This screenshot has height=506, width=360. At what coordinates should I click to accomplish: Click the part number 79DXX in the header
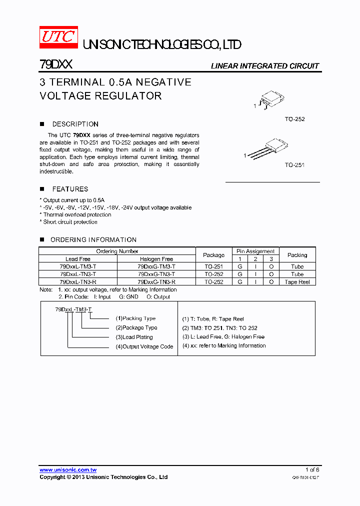click(56, 65)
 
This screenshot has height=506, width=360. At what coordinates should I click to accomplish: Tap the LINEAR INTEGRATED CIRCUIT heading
click(264, 66)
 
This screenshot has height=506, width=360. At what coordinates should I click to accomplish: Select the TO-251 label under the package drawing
click(294, 165)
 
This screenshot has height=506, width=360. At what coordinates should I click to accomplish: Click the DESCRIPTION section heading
click(75, 124)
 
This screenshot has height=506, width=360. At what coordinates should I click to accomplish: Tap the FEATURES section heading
click(70, 189)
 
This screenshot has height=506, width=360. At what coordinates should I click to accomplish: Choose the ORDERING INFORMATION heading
click(93, 239)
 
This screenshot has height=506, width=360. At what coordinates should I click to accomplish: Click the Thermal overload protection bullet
click(77, 214)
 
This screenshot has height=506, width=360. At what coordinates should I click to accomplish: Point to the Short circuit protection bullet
click(70, 222)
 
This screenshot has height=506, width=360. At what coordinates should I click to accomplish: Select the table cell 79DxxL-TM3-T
click(78, 266)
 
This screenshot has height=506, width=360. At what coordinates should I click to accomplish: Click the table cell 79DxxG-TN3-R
click(156, 282)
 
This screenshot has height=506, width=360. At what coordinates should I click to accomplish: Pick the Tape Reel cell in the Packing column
click(297, 282)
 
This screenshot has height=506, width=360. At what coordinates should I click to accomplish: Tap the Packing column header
click(297, 255)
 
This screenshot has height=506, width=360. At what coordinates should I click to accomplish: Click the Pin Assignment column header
click(255, 251)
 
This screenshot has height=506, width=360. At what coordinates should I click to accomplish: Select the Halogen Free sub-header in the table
click(156, 259)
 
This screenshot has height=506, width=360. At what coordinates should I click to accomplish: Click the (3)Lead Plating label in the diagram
click(134, 337)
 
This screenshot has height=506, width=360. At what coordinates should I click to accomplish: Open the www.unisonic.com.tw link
click(68, 469)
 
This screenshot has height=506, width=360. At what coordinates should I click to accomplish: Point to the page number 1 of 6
click(312, 469)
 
